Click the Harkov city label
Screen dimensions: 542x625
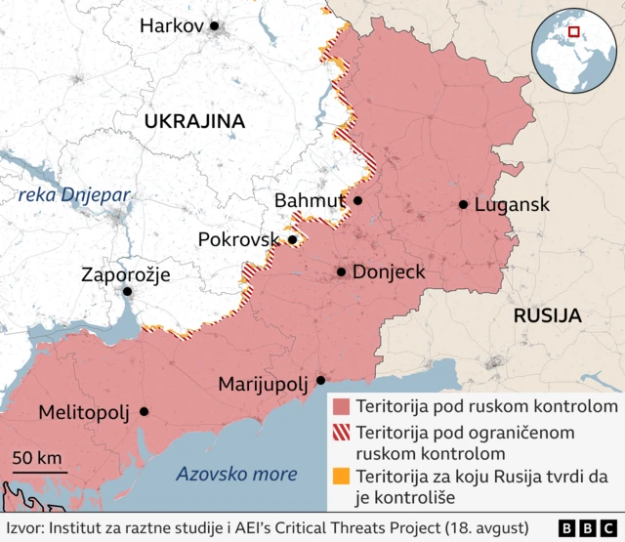point(171,26)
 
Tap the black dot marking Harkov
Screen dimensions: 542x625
point(215,26)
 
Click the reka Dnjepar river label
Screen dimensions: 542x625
point(74,195)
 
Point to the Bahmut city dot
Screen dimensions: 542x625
point(357,200)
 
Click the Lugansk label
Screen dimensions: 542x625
point(512,205)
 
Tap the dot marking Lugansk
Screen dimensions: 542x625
point(463,205)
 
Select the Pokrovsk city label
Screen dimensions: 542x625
point(240,239)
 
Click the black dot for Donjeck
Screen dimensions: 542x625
point(341,272)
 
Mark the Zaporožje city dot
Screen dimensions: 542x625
point(127,291)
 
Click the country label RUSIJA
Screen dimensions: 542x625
point(547,316)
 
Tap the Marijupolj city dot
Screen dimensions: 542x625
point(320,381)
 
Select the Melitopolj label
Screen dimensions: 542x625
point(83,412)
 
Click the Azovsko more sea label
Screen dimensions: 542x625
point(236,475)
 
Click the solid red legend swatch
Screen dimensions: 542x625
point(341,406)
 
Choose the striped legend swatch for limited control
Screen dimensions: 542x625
point(341,432)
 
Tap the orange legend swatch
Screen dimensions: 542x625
point(341,478)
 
